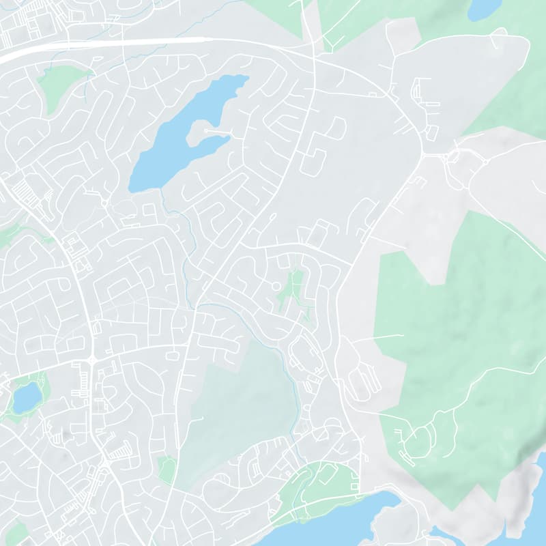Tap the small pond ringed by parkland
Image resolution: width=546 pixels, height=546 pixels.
pyautogui.click(x=26, y=397)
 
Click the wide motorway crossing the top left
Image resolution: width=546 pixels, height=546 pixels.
pyautogui.click(x=102, y=44)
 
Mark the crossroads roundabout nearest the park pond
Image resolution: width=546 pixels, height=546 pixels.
pyautogui.click(x=91, y=359)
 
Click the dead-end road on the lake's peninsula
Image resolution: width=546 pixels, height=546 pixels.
pyautogui.click(x=217, y=130)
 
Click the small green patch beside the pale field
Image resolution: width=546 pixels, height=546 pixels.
pyautogui.click(x=166, y=470)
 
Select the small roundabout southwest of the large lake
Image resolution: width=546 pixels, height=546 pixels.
pyautogui.click(x=104, y=203)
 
